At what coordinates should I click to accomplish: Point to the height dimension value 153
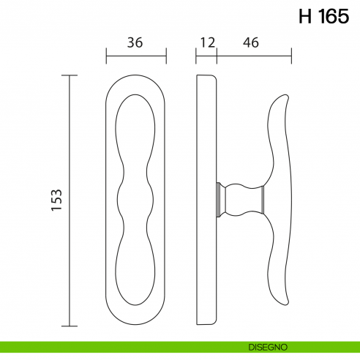click(57, 200)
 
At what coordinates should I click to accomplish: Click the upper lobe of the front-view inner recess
click(135, 128)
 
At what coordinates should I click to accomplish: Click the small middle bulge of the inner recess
click(135, 198)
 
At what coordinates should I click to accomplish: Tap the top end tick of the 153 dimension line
click(70, 75)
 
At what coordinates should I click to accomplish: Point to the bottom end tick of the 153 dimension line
click(70, 326)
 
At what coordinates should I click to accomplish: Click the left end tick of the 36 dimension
click(107, 56)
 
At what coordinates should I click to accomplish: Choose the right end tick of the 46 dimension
click(292, 56)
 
